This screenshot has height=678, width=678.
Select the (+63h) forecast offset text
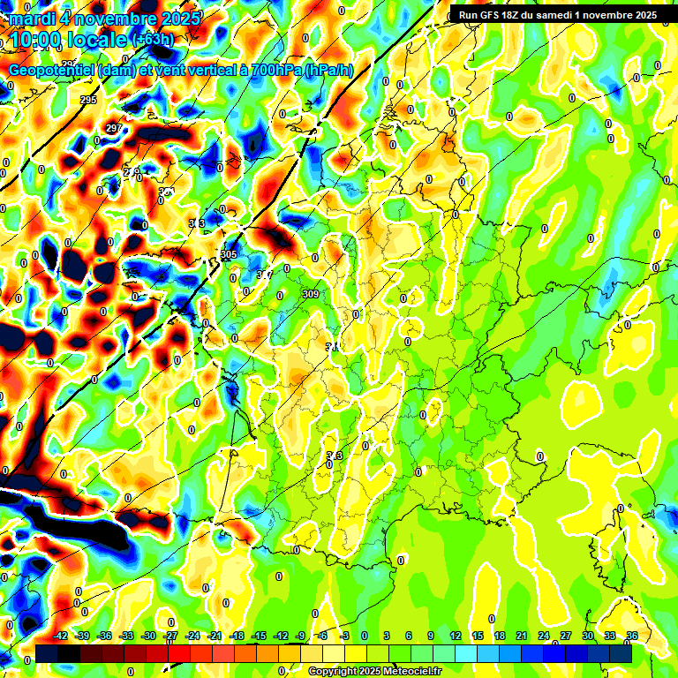point(153,39)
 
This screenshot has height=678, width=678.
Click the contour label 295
point(88,101)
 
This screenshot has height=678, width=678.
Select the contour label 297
point(114,129)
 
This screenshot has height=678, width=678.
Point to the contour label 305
point(229,254)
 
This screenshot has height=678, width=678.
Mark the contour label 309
point(310,294)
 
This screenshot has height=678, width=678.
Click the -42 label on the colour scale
point(61,636)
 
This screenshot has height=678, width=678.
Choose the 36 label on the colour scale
point(632,636)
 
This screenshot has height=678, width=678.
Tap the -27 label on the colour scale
point(170,636)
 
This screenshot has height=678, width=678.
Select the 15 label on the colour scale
point(478,636)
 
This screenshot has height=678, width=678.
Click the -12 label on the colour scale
point(280,636)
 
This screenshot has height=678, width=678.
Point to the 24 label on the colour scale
point(544,636)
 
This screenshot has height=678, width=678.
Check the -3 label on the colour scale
point(345,636)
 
